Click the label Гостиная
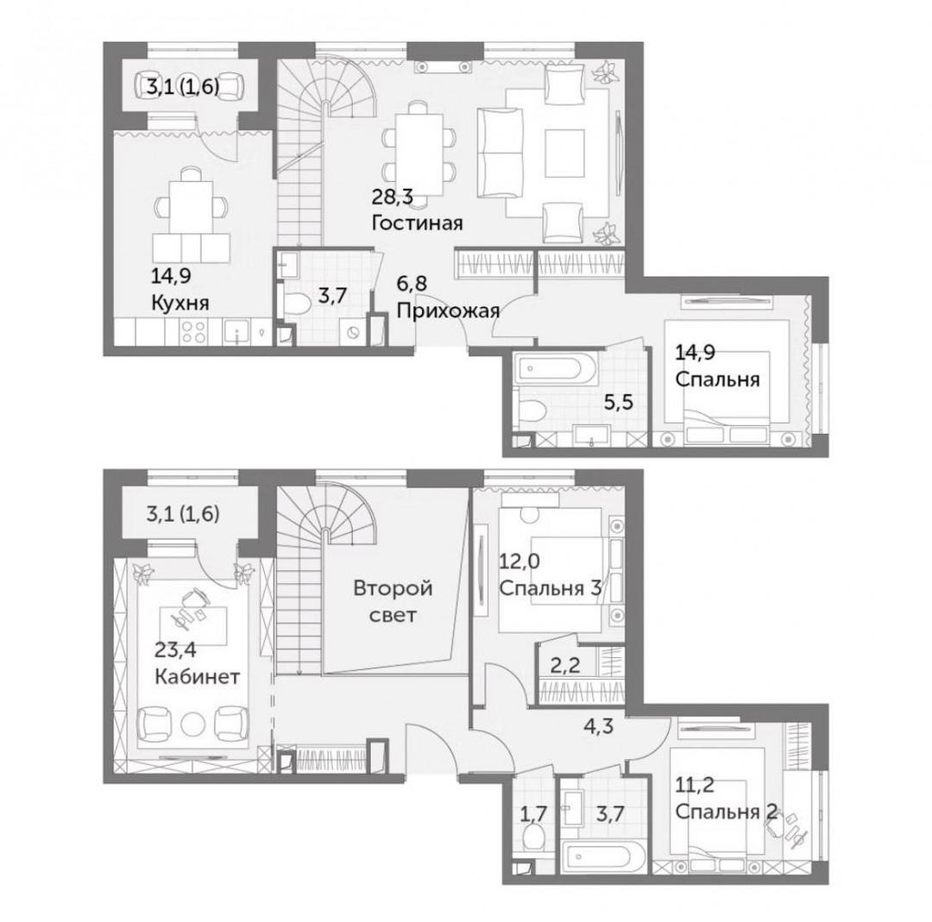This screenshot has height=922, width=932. [418, 223]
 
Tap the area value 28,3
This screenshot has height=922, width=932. [393, 196]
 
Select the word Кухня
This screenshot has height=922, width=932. [180, 303]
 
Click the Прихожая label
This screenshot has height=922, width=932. [448, 310]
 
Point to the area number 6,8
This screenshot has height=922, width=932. [412, 284]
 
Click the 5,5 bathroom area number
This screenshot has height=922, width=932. [618, 402]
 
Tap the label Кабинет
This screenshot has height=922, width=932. [198, 676]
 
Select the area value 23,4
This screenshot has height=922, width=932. [175, 649]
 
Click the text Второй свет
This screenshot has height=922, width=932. [393, 601]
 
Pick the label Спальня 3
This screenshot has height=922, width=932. [551, 589]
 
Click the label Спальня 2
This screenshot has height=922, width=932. [727, 812]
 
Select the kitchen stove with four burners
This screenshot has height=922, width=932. [194, 331]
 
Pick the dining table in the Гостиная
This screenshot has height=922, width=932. [420, 154]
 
